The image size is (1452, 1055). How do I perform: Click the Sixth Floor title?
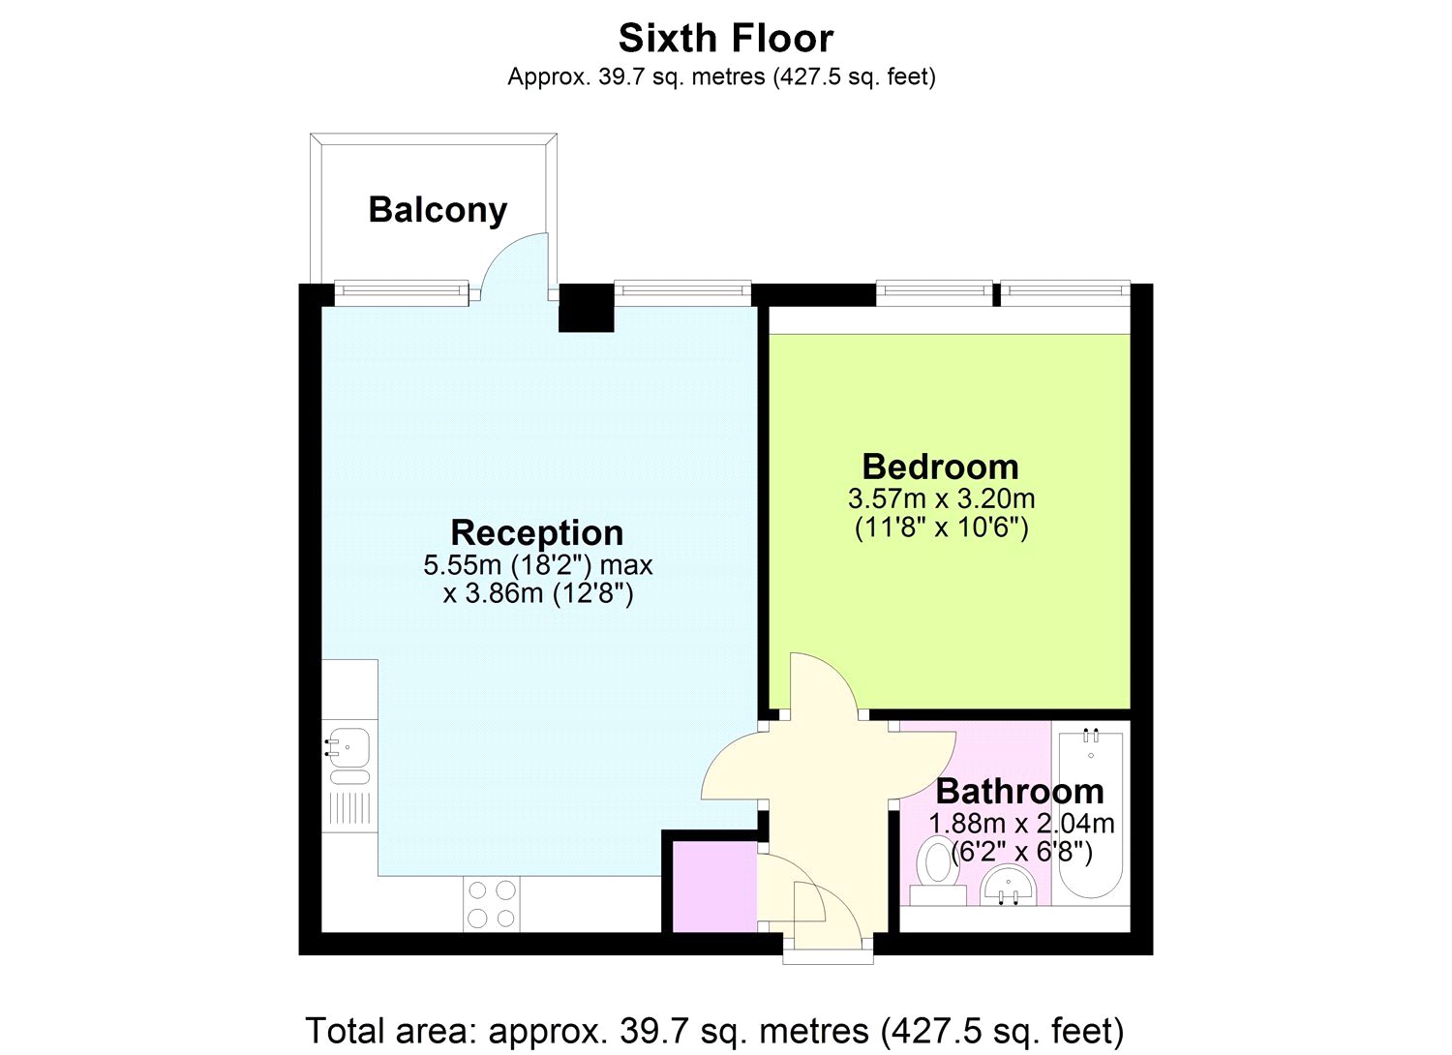[725, 39]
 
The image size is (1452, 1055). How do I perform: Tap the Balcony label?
[438, 210]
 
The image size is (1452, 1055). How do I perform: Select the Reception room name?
[536, 533]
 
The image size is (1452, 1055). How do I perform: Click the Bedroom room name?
[940, 467]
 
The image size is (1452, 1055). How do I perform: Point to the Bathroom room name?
[1020, 792]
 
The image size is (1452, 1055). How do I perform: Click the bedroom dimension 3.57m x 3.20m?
[941, 499]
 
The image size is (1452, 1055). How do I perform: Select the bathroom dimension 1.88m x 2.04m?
[1021, 824]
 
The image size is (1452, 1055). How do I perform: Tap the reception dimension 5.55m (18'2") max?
[537, 566]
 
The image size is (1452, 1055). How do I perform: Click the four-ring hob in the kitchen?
[492, 904]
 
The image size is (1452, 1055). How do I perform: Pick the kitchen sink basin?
[349, 747]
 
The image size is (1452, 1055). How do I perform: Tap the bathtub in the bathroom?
[1091, 814]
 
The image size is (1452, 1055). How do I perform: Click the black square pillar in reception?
[586, 308]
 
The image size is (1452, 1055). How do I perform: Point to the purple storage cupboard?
[715, 887]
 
